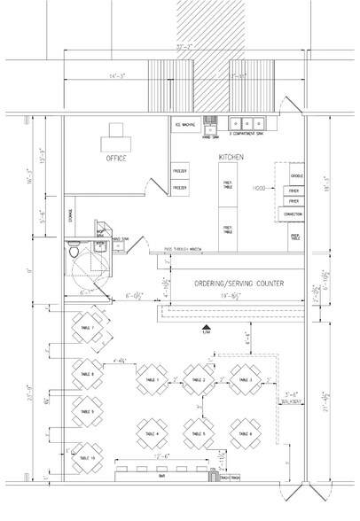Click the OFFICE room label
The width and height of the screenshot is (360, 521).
click(x=116, y=159)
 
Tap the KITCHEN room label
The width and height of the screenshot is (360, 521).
click(x=231, y=157)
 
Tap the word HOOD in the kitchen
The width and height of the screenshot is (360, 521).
click(x=260, y=189)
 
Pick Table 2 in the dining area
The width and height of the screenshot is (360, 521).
click(x=198, y=380)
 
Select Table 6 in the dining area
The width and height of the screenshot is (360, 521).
click(x=245, y=434)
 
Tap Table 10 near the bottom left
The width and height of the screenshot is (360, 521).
click(x=86, y=457)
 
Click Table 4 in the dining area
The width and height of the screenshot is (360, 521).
click(x=151, y=434)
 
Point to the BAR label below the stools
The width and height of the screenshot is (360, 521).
click(x=163, y=477)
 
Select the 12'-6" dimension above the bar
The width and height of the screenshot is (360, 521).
click(x=161, y=457)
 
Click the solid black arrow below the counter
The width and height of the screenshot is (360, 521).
click(x=205, y=327)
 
